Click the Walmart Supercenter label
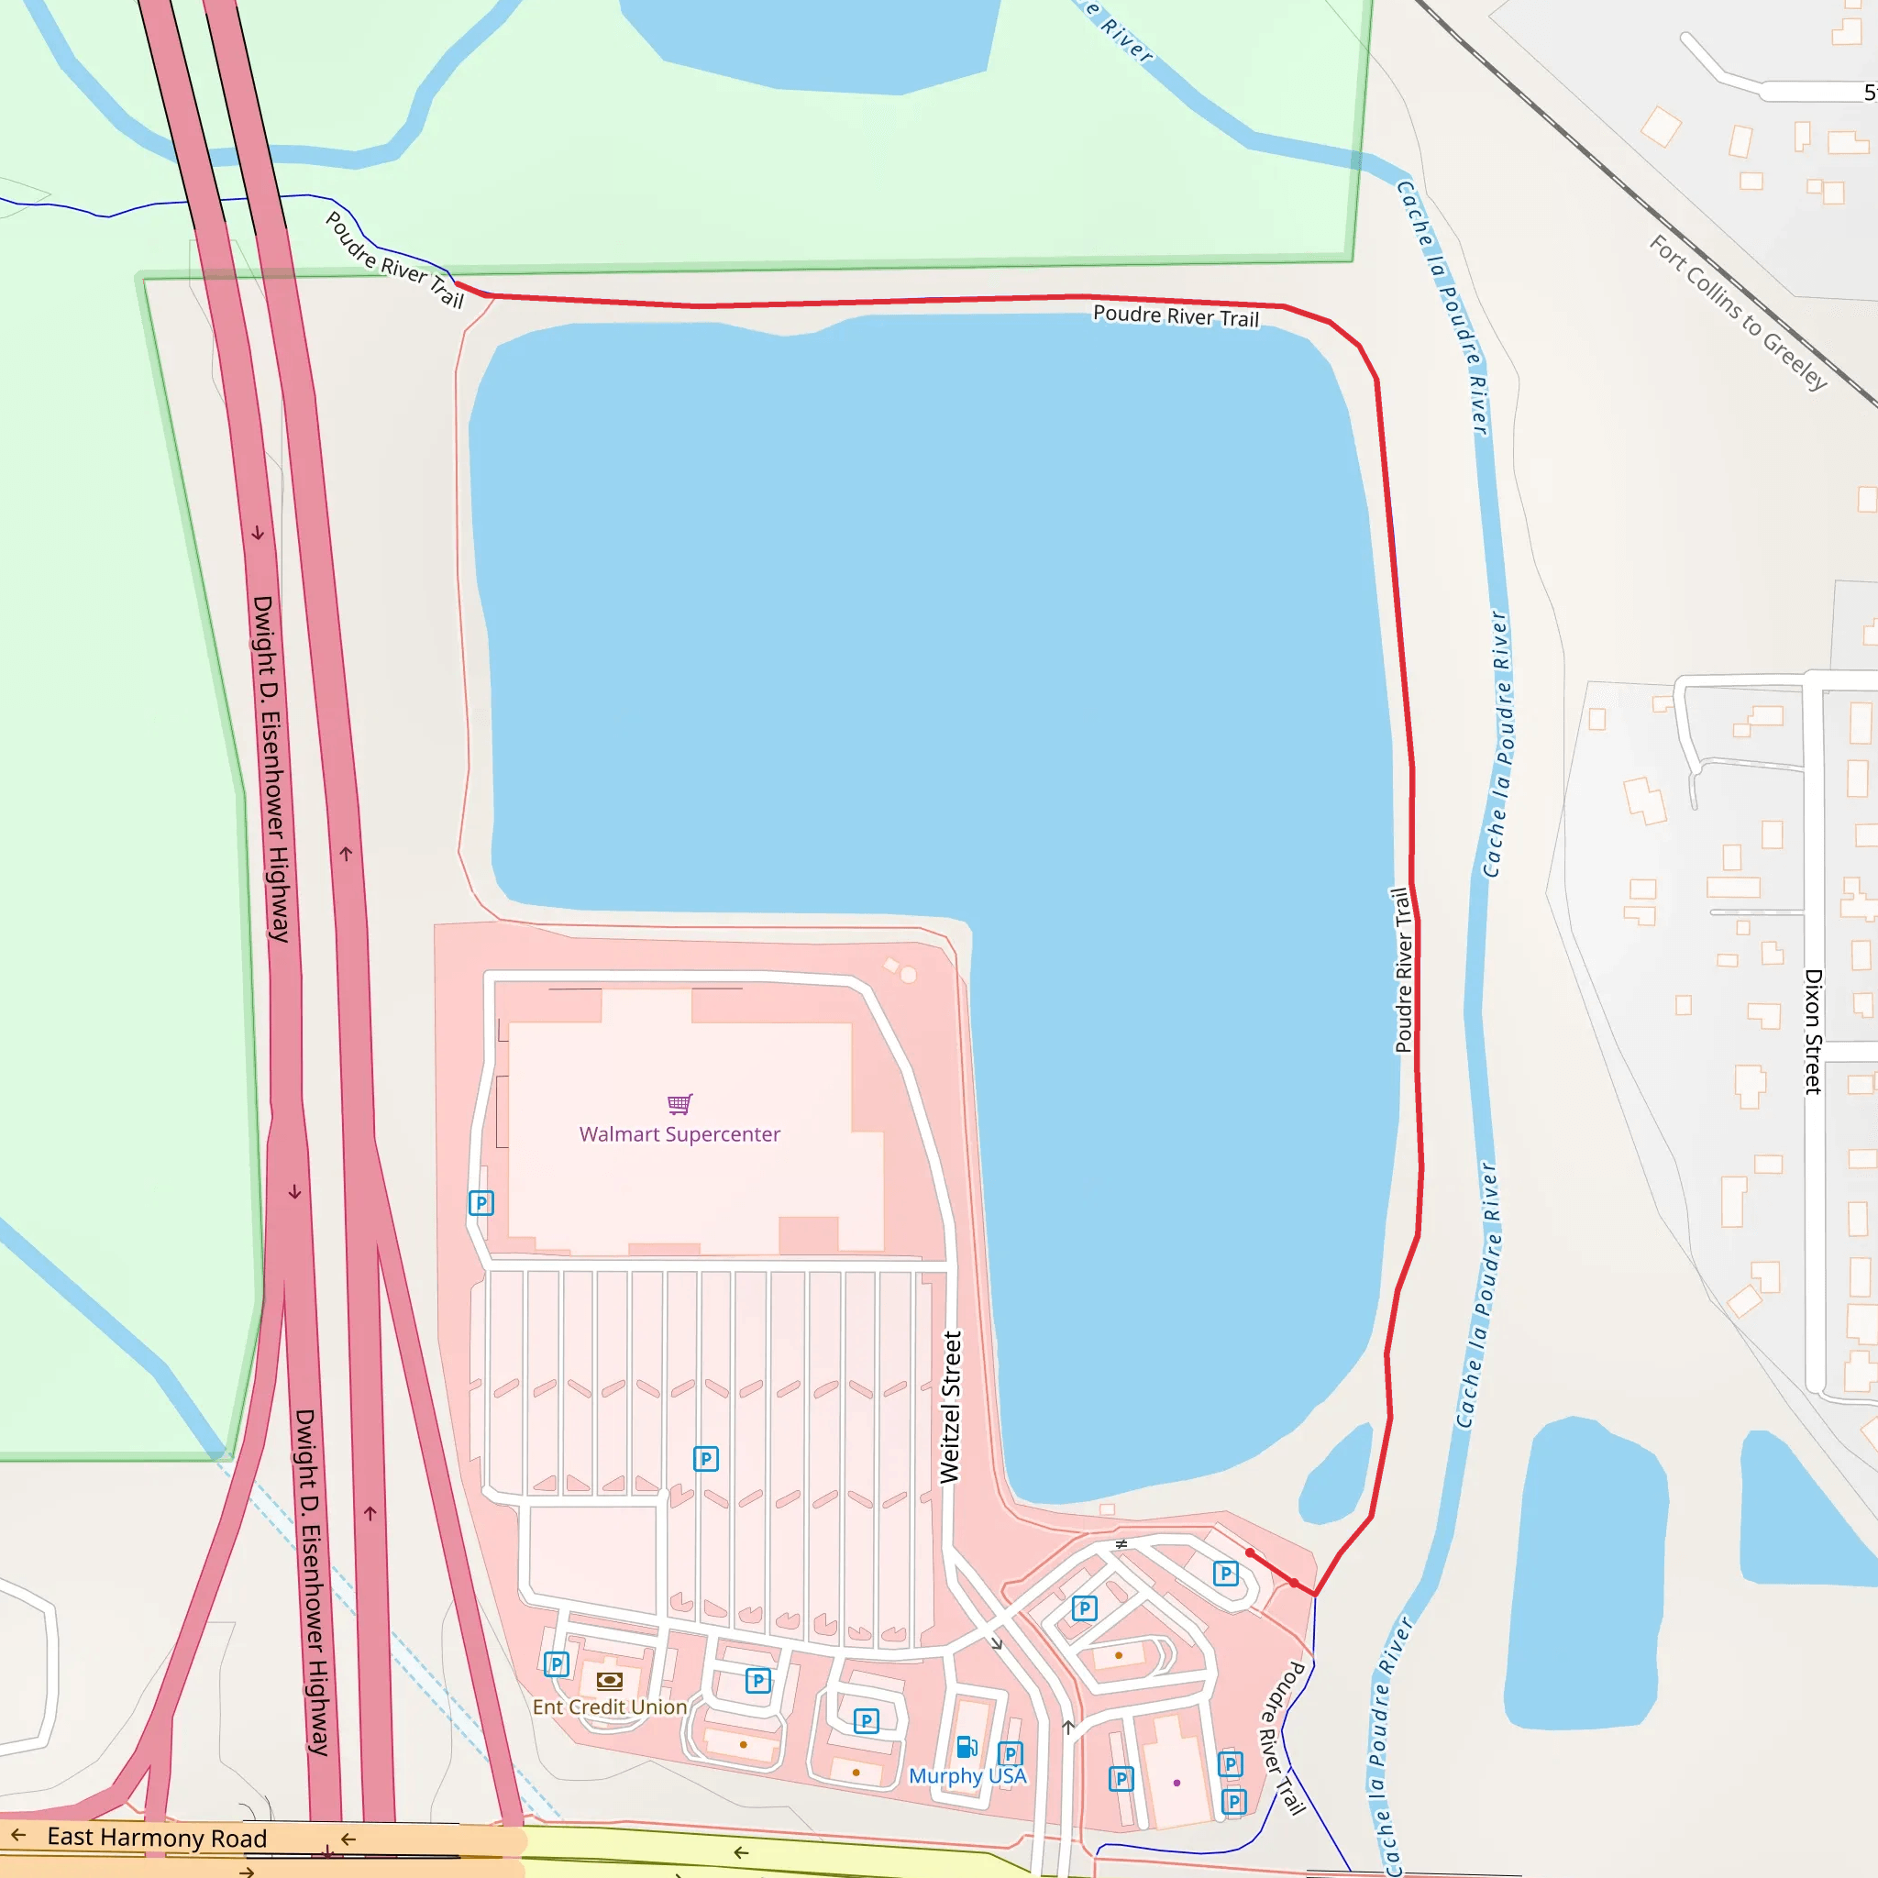tap(679, 1134)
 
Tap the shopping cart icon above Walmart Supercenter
tap(679, 1103)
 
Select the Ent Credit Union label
tap(610, 1707)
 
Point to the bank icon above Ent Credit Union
tap(610, 1681)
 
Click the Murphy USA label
tap(967, 1776)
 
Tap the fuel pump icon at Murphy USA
tap(967, 1748)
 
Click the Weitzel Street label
tap(951, 1407)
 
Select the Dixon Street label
tap(1813, 1032)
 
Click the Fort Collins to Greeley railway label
tap(1738, 312)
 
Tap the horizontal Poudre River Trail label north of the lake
tap(1176, 316)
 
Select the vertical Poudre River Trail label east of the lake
tap(1403, 970)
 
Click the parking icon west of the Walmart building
tap(481, 1203)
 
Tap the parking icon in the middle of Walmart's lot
tap(706, 1459)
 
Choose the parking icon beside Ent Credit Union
tap(556, 1665)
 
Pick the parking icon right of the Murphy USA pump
tap(1010, 1754)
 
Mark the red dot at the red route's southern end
tap(1250, 1553)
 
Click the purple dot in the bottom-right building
tap(1177, 1783)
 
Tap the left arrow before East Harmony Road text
tap(18, 1835)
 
